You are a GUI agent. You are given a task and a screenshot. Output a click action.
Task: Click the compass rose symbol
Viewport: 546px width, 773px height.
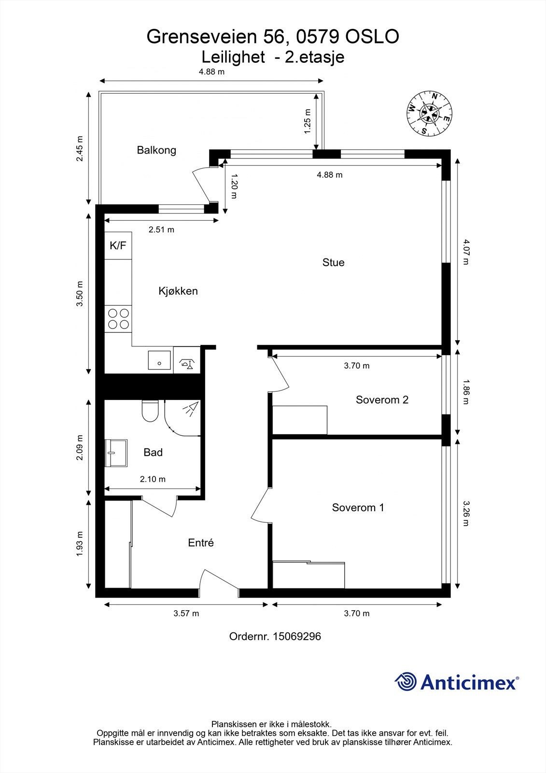pos(429,114)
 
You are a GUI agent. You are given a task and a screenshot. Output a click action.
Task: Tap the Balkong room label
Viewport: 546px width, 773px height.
pos(156,150)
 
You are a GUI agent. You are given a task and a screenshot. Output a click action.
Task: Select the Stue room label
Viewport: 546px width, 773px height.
pos(333,262)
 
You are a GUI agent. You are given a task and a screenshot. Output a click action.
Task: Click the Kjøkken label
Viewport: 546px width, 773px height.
pos(178,291)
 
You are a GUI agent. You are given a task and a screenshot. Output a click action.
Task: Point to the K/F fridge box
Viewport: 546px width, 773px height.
pos(118,245)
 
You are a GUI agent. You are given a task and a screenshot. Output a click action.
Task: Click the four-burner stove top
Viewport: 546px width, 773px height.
pos(118,319)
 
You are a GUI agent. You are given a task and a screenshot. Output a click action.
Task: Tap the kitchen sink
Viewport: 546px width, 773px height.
pos(159,360)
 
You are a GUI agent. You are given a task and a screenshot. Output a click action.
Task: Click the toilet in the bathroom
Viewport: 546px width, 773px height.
pos(150,411)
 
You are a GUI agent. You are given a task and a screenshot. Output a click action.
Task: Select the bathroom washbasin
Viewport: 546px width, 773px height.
pos(116,453)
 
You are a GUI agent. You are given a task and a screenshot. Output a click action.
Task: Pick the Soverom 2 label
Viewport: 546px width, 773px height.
pos(382,400)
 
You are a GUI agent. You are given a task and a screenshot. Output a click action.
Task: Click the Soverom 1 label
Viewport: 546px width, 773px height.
pos(358,507)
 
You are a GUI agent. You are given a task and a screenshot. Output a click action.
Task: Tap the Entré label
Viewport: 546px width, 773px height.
pos(201,543)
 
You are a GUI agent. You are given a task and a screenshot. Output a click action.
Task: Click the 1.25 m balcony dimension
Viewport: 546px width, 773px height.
pos(307,121)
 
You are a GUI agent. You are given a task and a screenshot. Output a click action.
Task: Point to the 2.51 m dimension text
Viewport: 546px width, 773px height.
pos(161,229)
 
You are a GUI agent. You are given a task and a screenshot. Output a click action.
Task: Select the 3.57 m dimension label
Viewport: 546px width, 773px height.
pos(186,613)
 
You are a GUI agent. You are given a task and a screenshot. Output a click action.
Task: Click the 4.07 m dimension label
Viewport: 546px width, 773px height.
pos(466,252)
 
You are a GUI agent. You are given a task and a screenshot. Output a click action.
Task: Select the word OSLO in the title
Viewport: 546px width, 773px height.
pos(372,37)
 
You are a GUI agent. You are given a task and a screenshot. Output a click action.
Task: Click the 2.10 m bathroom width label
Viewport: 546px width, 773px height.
pos(153,479)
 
